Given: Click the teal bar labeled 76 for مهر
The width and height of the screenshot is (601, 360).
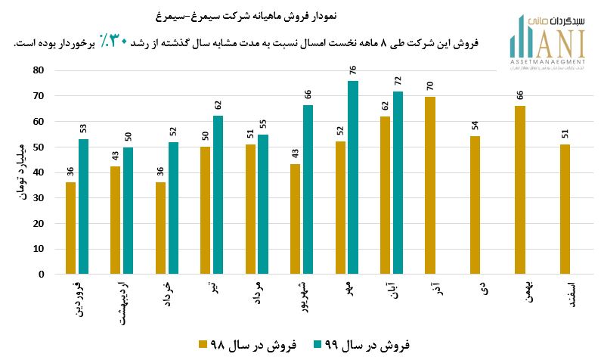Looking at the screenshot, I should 353,178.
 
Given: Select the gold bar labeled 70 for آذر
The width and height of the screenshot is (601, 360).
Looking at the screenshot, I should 430,185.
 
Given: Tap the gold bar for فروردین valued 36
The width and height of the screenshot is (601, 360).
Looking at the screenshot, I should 70,228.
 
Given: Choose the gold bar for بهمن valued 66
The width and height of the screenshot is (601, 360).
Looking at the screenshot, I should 520,190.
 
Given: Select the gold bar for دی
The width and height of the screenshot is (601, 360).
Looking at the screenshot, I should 475,205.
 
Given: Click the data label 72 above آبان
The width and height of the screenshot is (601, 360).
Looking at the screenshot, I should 398,81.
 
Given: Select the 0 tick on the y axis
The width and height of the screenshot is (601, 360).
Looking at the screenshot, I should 42,275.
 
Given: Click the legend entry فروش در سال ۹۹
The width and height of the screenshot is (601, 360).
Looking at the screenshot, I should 361,344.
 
